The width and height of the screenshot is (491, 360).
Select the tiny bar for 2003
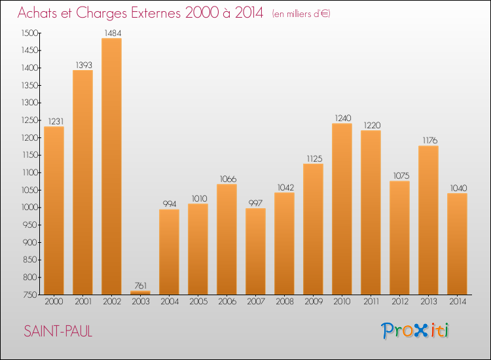[x=140, y=293]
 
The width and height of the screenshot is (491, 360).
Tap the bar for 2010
[x=342, y=209]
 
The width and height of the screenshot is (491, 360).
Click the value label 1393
[x=82, y=65]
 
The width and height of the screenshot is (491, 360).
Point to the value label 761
[x=140, y=285]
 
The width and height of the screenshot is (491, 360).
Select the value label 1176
[x=428, y=140]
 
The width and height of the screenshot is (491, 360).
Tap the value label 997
[x=255, y=203]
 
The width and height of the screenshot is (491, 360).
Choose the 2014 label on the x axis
[x=457, y=302]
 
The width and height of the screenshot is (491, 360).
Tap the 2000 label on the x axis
[x=54, y=302]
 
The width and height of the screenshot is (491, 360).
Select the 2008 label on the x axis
[x=284, y=302]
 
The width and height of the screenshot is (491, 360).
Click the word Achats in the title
[x=40, y=12]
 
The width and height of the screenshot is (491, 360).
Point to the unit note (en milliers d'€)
[x=302, y=14]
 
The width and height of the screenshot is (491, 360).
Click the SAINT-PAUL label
[x=58, y=331]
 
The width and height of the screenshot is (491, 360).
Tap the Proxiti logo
[x=415, y=331]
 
